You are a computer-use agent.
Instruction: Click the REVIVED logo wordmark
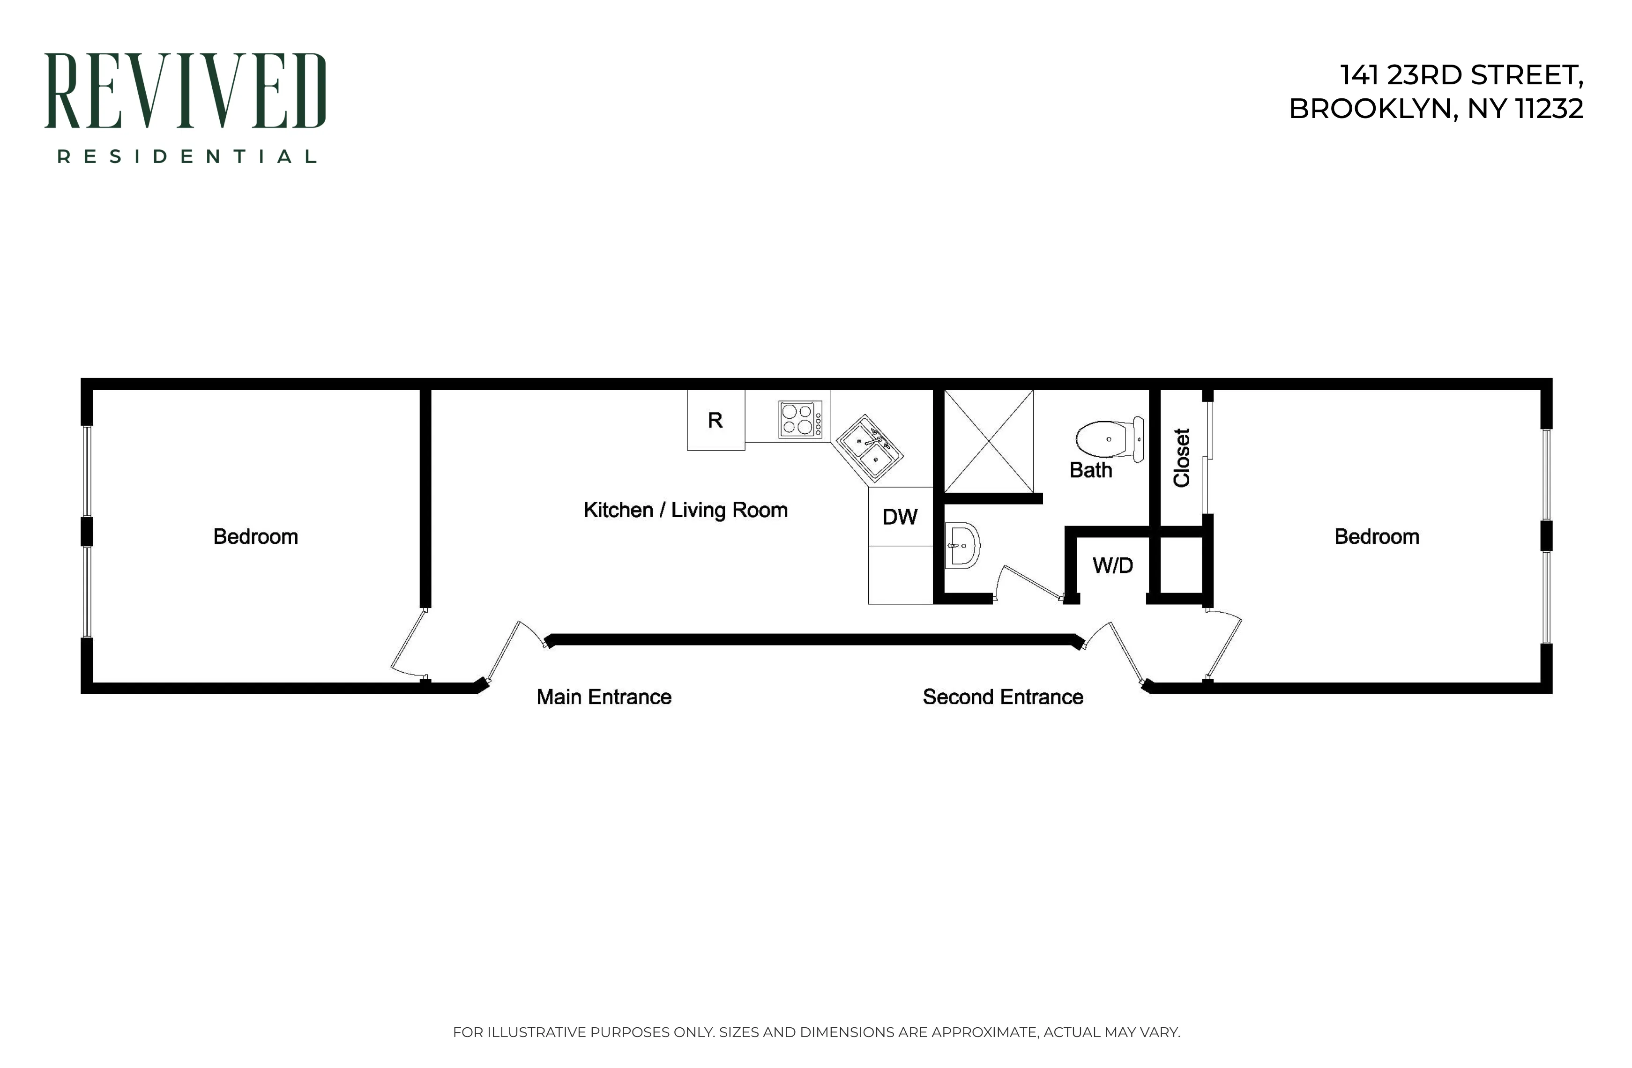pos(185,91)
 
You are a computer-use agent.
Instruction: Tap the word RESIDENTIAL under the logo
pos(186,157)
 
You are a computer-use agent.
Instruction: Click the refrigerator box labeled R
pos(715,420)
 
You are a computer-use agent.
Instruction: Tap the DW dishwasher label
pos(900,517)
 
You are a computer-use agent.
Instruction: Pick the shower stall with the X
pos(988,441)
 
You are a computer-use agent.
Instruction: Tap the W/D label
pos(1112,565)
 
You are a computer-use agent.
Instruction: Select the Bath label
pos(1090,470)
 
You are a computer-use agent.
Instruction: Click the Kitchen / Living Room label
pos(685,510)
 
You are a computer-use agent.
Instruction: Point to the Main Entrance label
pos(604,697)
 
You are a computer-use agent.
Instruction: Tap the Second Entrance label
pos(1003,697)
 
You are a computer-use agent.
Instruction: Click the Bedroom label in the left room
pos(255,537)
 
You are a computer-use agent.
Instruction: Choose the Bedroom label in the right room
pos(1376,537)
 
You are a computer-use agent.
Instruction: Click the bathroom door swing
pos(1027,583)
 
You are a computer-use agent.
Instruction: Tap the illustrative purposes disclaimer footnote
pos(816,1031)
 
